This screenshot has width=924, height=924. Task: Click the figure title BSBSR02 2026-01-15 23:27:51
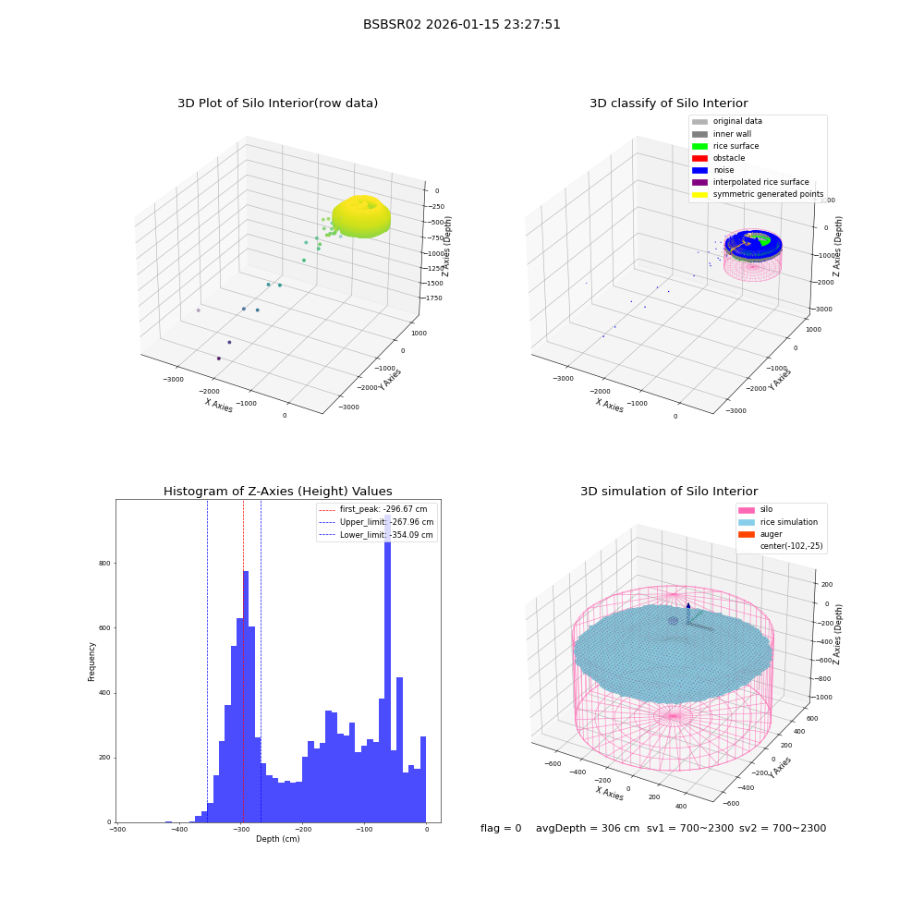point(461,24)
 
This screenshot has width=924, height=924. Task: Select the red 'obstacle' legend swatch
point(699,158)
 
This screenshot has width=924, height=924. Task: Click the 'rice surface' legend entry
point(725,146)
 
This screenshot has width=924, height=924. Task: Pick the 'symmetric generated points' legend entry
point(758,194)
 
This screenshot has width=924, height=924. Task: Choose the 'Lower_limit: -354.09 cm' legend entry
point(376,535)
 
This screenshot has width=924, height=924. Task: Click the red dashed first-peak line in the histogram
point(243,661)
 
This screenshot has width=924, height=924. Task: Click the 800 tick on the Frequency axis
point(104,564)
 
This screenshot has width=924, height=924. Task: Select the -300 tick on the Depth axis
point(240,829)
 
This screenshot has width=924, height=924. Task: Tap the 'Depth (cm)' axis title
point(277,839)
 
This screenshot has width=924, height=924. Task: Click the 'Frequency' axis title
point(91,662)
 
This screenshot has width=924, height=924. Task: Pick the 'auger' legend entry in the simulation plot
point(760,534)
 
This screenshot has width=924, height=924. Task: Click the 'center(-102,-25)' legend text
point(792,546)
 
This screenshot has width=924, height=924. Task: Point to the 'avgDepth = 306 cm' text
point(588,828)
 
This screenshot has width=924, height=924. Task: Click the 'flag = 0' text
point(501,828)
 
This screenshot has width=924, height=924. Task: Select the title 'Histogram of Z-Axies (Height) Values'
point(277,492)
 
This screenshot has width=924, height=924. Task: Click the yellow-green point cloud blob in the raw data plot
point(361,216)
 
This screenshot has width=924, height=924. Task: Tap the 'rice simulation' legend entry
point(778,522)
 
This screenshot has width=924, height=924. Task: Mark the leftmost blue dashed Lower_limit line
point(207,661)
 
